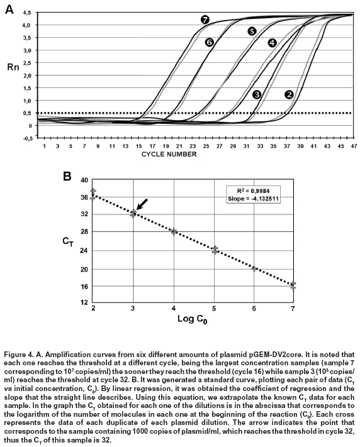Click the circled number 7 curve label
click(205, 19)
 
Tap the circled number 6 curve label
click(209, 42)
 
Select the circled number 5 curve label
click(252, 31)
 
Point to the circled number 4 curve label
click(272, 43)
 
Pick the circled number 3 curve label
click(257, 94)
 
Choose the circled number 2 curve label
click(289, 94)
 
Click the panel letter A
click(9, 9)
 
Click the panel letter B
click(67, 177)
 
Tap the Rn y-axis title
click(13, 67)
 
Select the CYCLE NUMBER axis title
click(169, 154)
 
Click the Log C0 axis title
click(192, 319)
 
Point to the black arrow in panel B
click(142, 204)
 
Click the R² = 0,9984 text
click(253, 190)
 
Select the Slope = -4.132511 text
click(253, 199)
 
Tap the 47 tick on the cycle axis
click(354, 146)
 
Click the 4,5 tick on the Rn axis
click(28, 13)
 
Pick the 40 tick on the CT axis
click(85, 180)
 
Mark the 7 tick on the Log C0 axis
click(293, 308)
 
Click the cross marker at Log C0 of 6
click(254, 268)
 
